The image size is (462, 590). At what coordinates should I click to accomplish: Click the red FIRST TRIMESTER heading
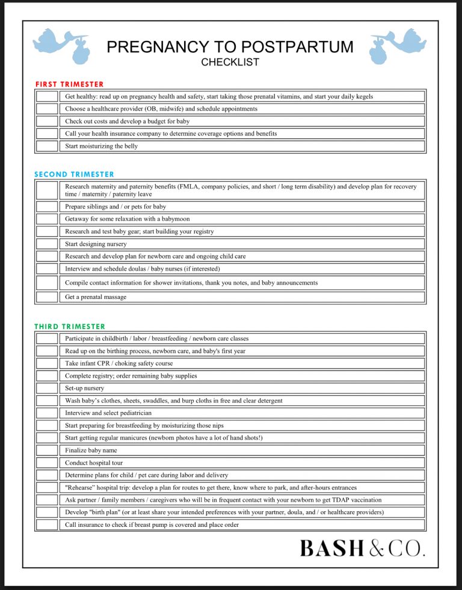click(x=70, y=84)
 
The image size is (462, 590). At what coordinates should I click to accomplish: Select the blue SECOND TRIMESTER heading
click(x=74, y=174)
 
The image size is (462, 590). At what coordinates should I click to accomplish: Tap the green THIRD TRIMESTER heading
click(x=70, y=327)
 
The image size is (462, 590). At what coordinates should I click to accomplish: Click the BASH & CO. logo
click(x=362, y=548)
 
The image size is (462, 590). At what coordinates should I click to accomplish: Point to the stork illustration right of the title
click(x=398, y=45)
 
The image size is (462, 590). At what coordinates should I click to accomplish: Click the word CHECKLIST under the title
click(x=230, y=62)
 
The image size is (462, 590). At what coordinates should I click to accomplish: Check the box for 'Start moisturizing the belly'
click(x=46, y=146)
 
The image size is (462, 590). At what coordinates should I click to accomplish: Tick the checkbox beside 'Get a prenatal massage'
click(x=46, y=297)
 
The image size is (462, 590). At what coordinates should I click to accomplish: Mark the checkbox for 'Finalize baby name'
click(x=46, y=450)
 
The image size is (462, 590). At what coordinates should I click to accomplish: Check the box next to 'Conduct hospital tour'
click(x=46, y=463)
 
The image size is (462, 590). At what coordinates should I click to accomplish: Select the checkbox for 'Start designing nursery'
click(x=46, y=244)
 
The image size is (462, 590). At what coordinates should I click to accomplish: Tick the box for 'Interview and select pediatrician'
click(x=46, y=413)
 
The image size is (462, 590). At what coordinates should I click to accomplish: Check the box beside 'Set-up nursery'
click(x=46, y=389)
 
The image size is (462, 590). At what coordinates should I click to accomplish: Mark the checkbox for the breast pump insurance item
click(x=46, y=525)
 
